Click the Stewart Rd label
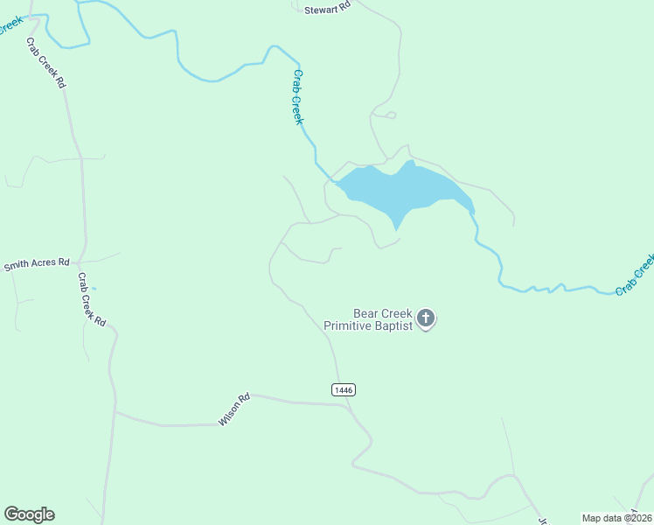[x=327, y=7]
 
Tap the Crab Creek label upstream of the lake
[x=298, y=96]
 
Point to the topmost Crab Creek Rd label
[x=46, y=63]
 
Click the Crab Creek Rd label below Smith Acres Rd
[x=91, y=300]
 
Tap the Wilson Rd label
[x=234, y=409]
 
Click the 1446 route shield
[x=344, y=389]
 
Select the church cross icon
[x=426, y=318]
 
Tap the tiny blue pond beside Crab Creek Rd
[x=94, y=288]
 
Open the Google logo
[x=29, y=514]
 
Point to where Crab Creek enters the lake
[x=336, y=182]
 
